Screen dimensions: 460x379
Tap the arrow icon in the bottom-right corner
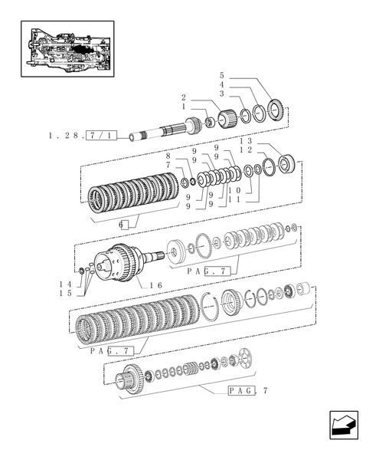coord(342,424)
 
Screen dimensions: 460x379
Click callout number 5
coord(221,76)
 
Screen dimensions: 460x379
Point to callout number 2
coord(185,97)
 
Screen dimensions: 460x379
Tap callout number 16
coord(156,284)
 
